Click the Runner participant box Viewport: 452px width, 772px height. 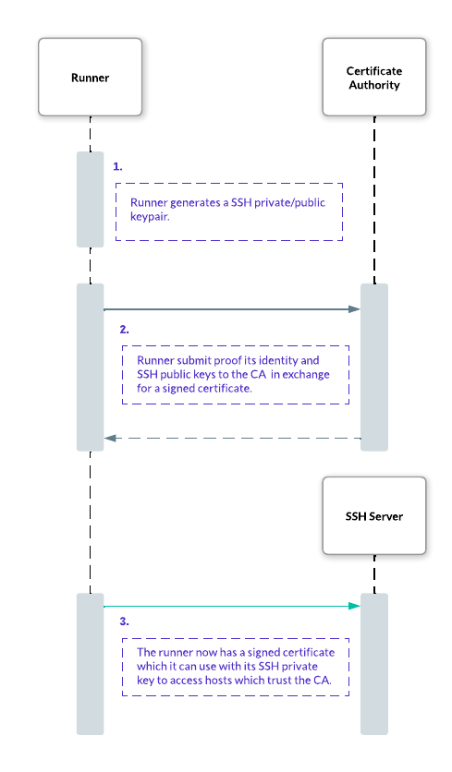point(91,78)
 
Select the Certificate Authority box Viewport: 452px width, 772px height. point(374,78)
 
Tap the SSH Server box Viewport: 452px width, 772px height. point(374,515)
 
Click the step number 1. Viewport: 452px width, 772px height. point(117,167)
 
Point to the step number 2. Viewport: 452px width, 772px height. point(124,330)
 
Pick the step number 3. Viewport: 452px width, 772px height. point(124,621)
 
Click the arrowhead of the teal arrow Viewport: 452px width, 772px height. point(354,606)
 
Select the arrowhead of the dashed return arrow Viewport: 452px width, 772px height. point(110,438)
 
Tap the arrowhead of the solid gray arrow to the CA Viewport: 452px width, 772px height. point(354,309)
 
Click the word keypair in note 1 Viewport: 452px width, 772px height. point(150,217)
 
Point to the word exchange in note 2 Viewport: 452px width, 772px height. point(306,374)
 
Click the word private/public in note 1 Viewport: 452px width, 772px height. point(290,203)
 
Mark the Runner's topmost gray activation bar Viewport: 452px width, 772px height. point(91,199)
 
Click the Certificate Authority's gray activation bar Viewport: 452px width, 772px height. point(374,368)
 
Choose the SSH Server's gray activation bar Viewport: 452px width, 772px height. point(374,664)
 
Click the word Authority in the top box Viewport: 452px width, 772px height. point(374,85)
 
